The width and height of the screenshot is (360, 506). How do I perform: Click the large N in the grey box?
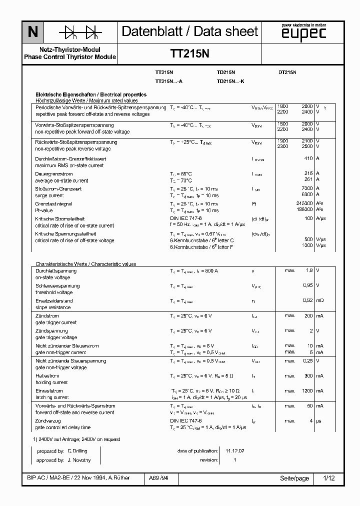pos(32,32)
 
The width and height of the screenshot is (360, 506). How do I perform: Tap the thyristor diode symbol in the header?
pos(80,32)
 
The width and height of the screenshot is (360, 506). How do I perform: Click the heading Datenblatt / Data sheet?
pos(190,31)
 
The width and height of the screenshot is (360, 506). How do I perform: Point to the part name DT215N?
pos(287,72)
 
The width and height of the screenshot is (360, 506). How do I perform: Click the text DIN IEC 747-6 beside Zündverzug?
pos(185,421)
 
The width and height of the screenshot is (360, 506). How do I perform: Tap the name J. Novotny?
pos(79,460)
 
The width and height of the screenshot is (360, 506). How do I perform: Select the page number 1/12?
pos(329,478)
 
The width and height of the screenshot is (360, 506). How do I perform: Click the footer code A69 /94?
pos(158,478)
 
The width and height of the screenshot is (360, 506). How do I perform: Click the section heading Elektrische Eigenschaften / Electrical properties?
pos(90,94)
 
